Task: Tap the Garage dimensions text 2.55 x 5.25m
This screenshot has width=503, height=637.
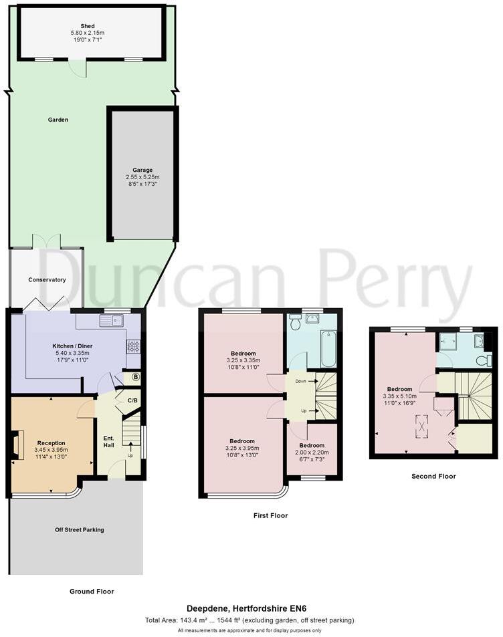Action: click(144, 177)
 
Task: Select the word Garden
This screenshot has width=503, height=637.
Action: click(58, 120)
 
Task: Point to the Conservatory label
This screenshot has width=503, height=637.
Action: click(47, 279)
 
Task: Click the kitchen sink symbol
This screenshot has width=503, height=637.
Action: click(111, 321)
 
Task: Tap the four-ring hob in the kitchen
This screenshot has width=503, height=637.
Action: click(133, 346)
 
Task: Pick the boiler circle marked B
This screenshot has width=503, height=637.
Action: click(135, 377)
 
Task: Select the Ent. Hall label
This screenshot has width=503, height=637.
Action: click(108, 442)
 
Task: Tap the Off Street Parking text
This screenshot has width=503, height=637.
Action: click(79, 529)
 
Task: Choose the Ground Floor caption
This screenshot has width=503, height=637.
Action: click(92, 591)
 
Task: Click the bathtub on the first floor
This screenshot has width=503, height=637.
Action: click(328, 348)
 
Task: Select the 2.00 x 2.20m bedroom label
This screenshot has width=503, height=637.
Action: click(312, 452)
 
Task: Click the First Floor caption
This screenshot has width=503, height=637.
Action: click(270, 515)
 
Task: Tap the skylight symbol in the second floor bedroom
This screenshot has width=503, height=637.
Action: click(422, 424)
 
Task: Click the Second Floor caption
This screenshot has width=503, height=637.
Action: click(434, 476)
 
